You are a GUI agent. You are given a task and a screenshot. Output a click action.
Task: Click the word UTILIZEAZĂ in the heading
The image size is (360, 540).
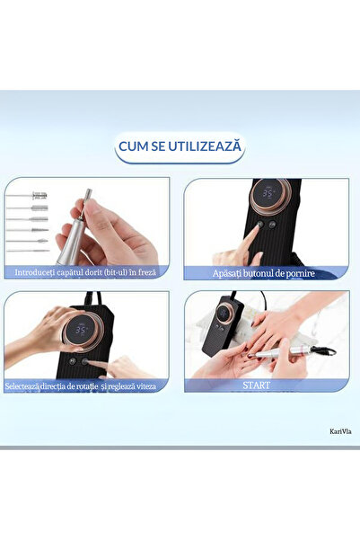(209, 146)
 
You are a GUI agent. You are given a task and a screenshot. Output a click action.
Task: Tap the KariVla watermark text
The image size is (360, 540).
(340, 431)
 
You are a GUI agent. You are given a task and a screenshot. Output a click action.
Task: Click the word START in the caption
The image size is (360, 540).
(257, 385)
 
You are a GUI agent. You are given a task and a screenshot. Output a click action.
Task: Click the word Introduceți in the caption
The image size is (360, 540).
(34, 272)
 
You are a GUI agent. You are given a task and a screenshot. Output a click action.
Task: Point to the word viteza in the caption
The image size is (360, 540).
(146, 386)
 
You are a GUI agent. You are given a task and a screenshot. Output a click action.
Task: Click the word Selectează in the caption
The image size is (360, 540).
(22, 386)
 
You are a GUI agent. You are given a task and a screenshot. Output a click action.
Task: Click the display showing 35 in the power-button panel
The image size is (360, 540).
(269, 193)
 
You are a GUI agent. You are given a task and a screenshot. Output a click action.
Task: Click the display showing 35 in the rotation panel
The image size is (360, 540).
(81, 331)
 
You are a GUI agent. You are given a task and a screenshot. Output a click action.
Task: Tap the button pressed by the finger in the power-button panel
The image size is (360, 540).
(260, 225)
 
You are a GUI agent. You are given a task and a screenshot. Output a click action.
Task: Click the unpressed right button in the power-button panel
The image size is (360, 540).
(272, 225)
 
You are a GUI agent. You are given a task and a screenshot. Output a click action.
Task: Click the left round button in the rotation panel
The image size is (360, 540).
(73, 361)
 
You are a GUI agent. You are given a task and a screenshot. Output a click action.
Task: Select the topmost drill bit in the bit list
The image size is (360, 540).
(27, 196)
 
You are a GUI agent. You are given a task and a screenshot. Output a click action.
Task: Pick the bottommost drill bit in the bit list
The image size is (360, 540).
(28, 251)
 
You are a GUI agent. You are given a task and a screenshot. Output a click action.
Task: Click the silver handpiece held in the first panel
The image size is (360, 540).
(71, 237)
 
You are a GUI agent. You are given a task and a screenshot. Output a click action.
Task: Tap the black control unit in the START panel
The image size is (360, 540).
(223, 324)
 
